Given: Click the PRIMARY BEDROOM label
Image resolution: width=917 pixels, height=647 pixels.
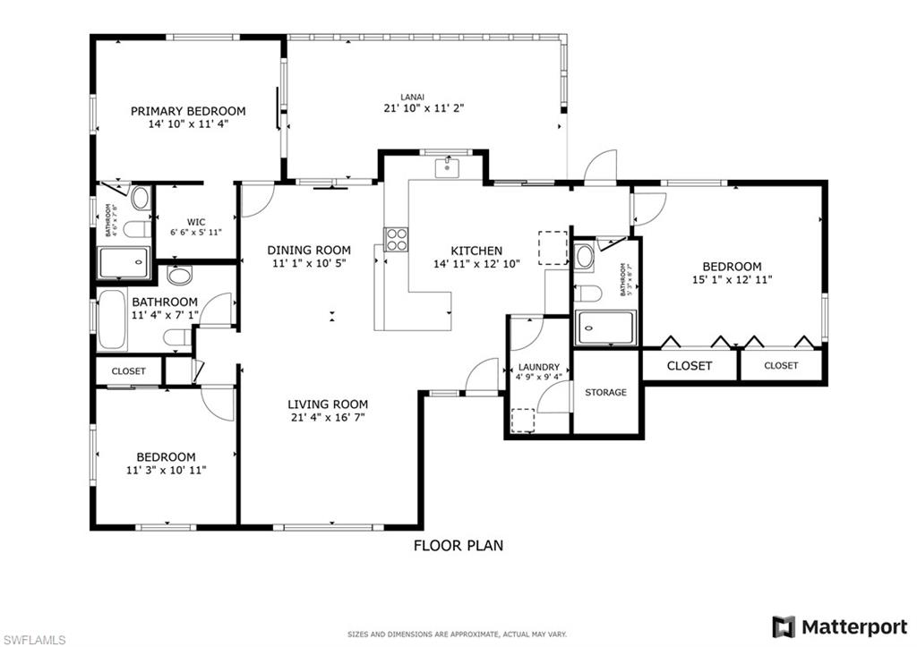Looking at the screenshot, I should pos(188,111).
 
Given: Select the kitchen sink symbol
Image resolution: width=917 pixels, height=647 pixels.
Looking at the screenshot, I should pos(447,166).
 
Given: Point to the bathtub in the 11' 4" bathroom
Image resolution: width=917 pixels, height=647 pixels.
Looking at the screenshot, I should pos(113,319).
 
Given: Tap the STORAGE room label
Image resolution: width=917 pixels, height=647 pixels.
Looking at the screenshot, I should pos(606,392).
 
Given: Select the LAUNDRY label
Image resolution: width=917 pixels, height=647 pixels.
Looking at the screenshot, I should pos(538,367).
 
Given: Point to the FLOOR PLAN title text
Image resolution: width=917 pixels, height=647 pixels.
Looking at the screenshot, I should pos(458,545).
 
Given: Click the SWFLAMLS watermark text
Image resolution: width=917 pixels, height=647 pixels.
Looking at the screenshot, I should pos(33,639).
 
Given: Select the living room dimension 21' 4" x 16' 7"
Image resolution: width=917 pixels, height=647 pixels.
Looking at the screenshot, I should pos(327,417).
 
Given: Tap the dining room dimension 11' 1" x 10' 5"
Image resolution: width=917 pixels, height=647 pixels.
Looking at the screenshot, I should pos(309,264).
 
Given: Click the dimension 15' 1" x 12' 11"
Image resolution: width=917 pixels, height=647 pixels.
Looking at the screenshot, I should pos(732,279).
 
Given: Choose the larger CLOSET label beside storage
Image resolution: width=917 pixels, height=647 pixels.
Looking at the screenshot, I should pos(690,365).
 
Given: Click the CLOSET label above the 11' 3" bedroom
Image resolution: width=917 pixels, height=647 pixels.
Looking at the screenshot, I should pos(128,370).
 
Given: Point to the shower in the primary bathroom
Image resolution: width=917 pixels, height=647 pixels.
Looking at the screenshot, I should pos(124,262).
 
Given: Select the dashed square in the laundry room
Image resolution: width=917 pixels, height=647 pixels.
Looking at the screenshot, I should pos(522,421).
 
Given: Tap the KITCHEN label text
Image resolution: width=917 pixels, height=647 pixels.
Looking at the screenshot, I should pos(476,251).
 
